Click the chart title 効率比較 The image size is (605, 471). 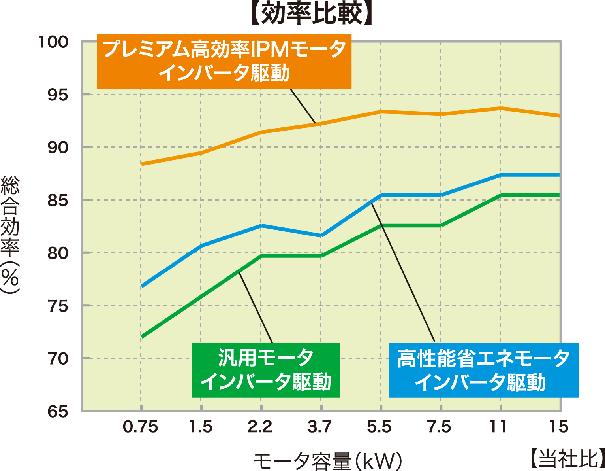click(312, 14)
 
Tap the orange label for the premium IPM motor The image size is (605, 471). click(224, 61)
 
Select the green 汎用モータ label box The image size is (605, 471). click(265, 370)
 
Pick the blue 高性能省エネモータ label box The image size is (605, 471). click(483, 370)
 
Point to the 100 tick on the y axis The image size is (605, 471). click(53, 42)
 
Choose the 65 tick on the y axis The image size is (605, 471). click(58, 412)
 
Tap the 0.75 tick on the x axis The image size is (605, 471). click(141, 427)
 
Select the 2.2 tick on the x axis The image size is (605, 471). click(260, 427)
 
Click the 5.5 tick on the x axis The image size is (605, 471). click(380, 427)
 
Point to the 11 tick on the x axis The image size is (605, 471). click(499, 427)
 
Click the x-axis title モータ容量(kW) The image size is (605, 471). click(327, 460)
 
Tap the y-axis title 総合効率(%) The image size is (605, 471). click(10, 235)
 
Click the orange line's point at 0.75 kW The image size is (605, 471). click(141, 164)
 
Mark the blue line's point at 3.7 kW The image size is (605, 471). click(321, 236)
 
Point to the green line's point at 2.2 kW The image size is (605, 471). click(261, 256)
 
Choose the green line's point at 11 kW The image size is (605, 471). click(500, 195)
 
